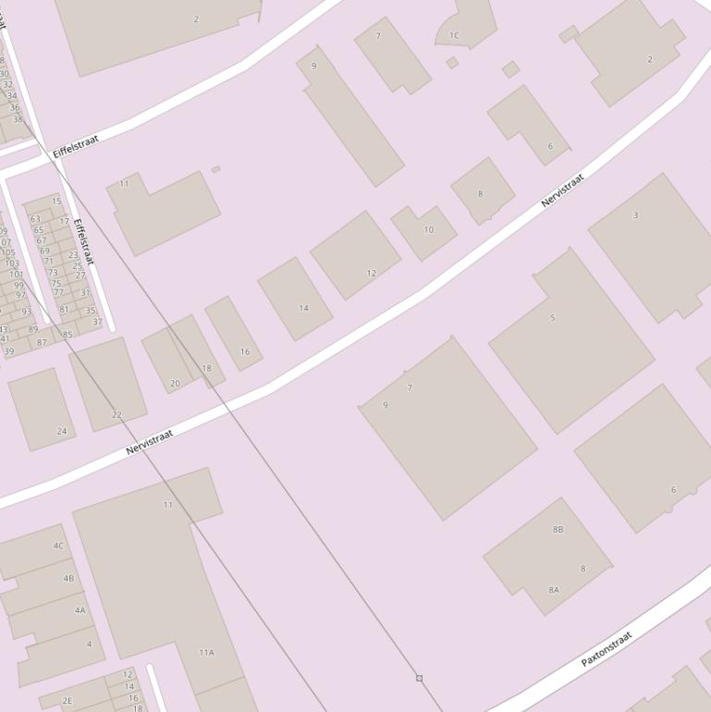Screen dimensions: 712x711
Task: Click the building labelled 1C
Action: click(454, 35)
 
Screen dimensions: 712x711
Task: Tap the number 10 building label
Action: click(428, 229)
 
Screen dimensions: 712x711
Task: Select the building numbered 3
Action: click(635, 215)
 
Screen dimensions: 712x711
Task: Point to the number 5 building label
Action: click(553, 317)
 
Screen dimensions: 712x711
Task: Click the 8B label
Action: click(558, 529)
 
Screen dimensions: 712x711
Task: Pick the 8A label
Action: click(554, 589)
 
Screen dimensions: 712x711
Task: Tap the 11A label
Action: click(206, 652)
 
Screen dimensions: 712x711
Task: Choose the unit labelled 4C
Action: click(58, 546)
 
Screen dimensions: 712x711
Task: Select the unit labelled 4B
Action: click(68, 578)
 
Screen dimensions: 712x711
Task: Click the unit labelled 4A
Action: click(80, 609)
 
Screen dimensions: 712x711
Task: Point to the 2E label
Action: click(67, 700)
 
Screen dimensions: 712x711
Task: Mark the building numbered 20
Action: click(176, 383)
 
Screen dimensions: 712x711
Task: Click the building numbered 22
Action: click(116, 414)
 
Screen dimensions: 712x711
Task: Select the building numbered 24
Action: click(62, 431)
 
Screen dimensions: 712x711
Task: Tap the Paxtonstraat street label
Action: click(607, 648)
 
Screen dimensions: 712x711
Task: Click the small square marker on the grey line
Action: click(419, 678)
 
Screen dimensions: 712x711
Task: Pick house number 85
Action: click(67, 335)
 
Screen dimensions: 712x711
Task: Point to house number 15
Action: click(56, 201)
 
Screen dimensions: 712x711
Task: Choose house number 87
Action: click(42, 342)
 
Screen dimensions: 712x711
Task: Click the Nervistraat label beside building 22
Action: click(150, 442)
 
